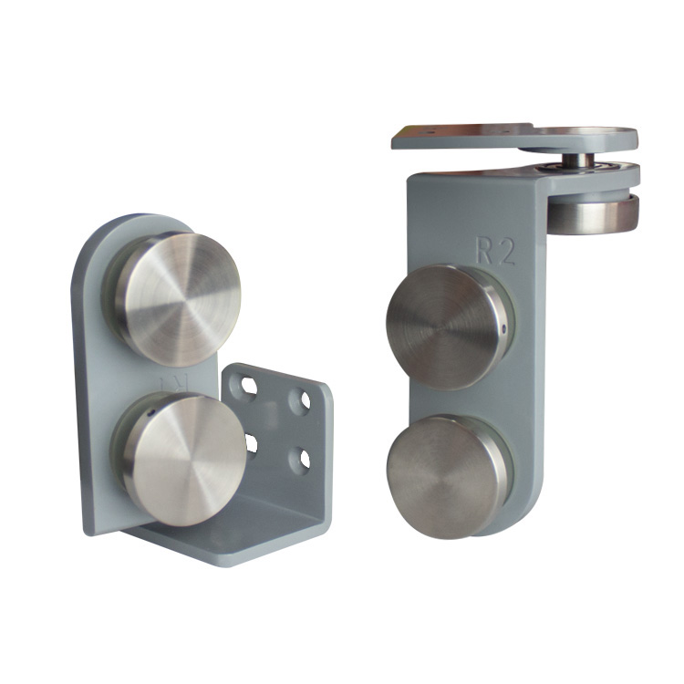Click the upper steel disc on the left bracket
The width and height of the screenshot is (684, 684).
pos(178,297)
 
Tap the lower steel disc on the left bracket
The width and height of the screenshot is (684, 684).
pos(182,460)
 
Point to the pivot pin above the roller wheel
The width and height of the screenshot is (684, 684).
pos(578,161)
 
